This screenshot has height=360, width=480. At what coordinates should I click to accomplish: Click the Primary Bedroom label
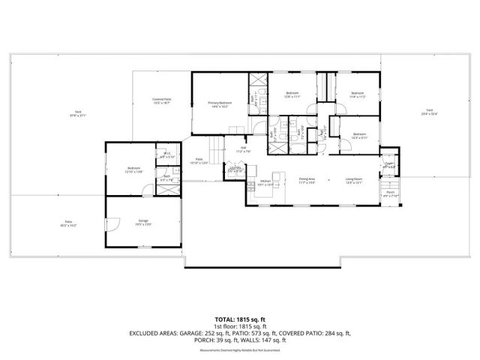point(220,103)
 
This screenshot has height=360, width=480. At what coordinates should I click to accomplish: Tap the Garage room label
point(142,221)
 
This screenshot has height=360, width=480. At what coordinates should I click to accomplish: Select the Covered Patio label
point(162,99)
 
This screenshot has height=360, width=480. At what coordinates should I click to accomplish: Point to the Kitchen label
point(265,181)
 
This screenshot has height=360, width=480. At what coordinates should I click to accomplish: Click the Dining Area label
point(307,178)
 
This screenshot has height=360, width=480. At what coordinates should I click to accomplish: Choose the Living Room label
point(353,178)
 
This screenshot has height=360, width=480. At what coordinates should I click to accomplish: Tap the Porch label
point(390,193)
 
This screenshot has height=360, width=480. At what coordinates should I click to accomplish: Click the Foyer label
point(389,163)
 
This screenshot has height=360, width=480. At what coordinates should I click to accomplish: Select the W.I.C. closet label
point(168,154)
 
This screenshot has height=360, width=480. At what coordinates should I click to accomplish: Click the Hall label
point(244,148)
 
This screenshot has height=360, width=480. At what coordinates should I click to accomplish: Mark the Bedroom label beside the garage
point(134,168)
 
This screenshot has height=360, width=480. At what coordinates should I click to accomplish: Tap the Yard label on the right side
point(429,112)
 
